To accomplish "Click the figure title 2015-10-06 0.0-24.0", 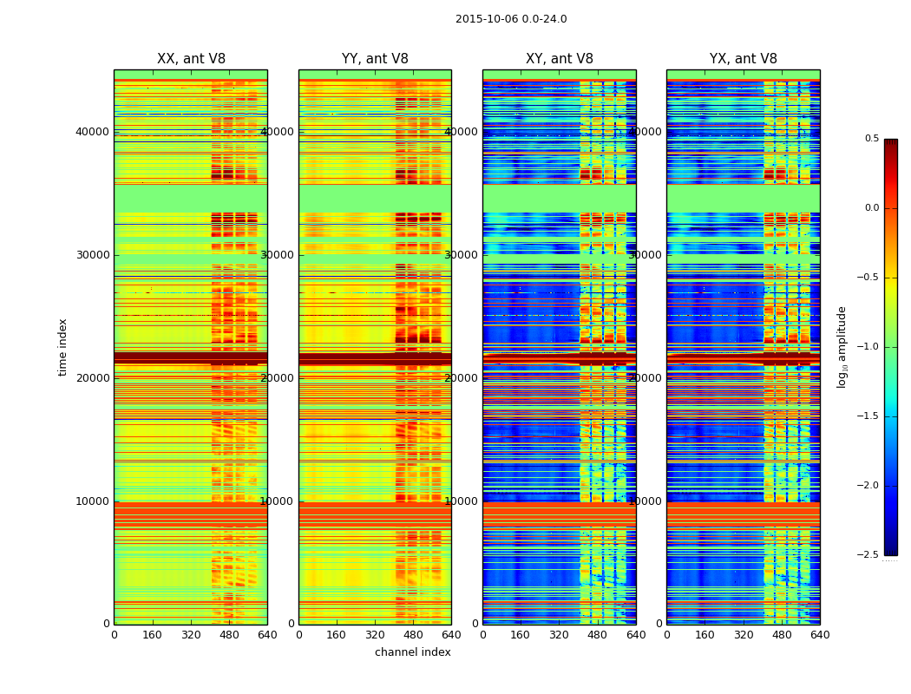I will click(x=511, y=19).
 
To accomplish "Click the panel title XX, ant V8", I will click(x=191, y=59).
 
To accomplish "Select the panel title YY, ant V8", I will click(x=375, y=59).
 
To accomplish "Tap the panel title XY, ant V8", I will click(x=560, y=59).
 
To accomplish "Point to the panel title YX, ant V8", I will click(x=744, y=59).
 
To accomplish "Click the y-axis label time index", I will click(x=62, y=347).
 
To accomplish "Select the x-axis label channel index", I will click(x=412, y=652).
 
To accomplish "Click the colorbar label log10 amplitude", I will click(x=842, y=347).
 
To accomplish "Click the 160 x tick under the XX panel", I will click(x=152, y=635).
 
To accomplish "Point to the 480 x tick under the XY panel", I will click(x=598, y=635).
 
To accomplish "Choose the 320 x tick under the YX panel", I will click(x=744, y=635).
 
